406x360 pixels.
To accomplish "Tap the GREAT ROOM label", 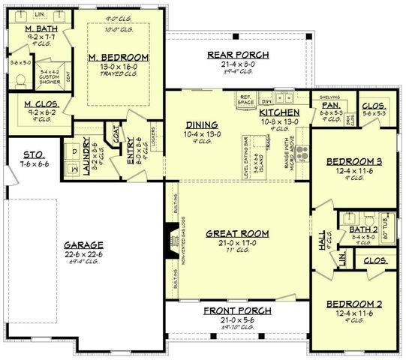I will pyautogui.click(x=236, y=233).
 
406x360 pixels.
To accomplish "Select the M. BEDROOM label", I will pyautogui.click(x=119, y=57).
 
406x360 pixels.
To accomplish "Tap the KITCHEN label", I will pyautogui.click(x=279, y=112).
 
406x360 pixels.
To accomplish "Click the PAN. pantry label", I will pyautogui.click(x=330, y=106).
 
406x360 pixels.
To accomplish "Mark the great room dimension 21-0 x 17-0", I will pyautogui.click(x=236, y=243).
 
